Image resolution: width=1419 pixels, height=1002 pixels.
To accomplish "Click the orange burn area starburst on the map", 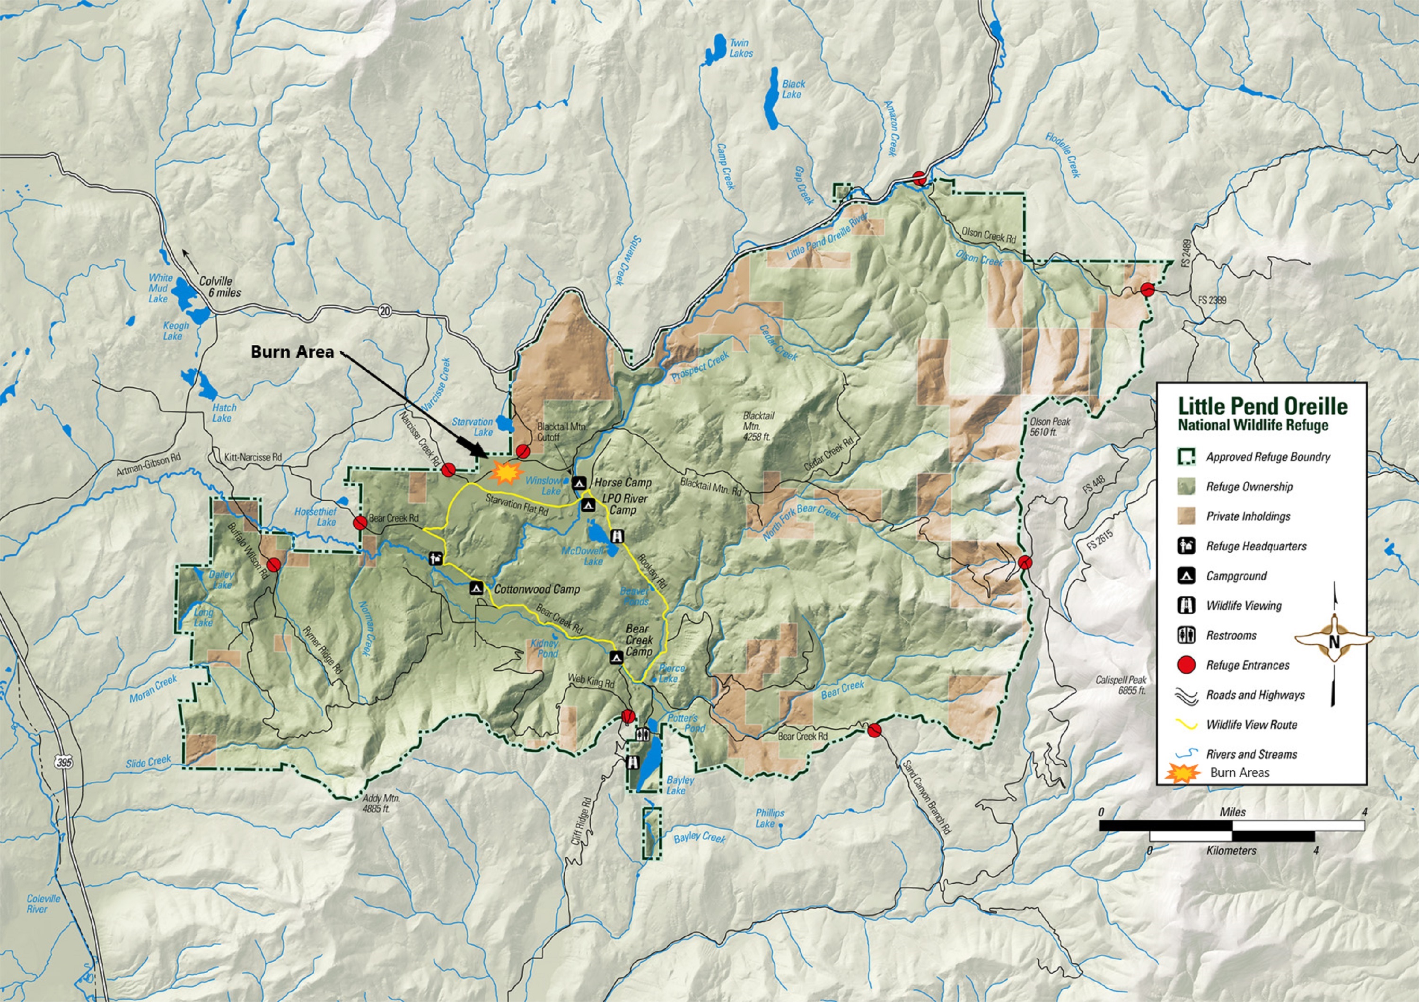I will [506, 473].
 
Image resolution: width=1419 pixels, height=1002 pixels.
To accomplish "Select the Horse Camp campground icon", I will [578, 482].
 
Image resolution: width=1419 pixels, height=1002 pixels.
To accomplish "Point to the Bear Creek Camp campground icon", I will [615, 657].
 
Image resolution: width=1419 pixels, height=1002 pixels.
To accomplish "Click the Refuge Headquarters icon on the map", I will [436, 558].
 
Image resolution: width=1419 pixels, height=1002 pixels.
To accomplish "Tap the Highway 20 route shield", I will [385, 311].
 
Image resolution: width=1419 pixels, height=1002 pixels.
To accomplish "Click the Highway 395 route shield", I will [64, 762].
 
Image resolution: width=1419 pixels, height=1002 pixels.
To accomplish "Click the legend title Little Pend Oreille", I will [1262, 407].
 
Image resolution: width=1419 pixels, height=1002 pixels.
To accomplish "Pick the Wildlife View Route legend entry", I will [1251, 724].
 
